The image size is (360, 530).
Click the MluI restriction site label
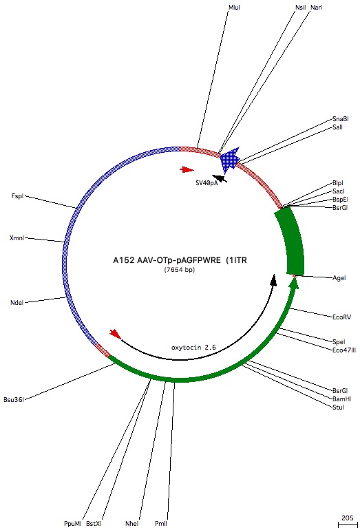234,8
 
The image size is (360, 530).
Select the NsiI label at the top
301,8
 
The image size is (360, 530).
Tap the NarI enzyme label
317,8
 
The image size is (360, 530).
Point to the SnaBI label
341,119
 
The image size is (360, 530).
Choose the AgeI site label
339,278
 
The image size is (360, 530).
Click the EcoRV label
341,317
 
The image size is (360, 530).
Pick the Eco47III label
344,350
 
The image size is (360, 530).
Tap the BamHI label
341,399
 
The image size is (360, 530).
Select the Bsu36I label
14,399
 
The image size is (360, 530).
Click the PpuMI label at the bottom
73,524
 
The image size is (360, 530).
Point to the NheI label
132,524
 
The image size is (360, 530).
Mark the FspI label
18,196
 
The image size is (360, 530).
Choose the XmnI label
17,238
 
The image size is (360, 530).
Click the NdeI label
17,303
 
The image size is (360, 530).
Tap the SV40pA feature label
207,183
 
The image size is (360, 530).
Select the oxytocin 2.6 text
193,348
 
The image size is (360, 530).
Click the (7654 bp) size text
180,270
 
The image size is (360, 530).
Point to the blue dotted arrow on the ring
230,159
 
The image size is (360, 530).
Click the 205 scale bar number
348,518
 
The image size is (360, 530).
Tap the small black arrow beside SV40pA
220,178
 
